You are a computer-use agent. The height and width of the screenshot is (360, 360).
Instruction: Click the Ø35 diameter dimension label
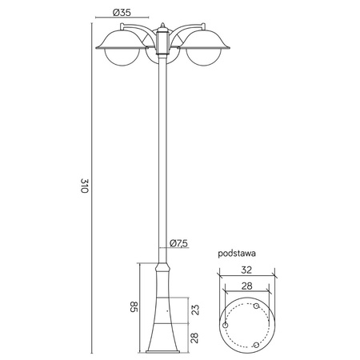coord(122,13)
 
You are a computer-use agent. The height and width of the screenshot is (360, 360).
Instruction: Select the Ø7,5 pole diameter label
coord(178,243)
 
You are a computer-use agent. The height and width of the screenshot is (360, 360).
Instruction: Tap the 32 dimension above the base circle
coord(247,269)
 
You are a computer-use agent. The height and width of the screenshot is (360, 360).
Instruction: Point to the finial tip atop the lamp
coord(163,22)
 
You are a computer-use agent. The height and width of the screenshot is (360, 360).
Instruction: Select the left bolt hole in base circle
coord(226,326)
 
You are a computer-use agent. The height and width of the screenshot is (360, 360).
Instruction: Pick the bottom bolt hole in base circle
coord(255,344)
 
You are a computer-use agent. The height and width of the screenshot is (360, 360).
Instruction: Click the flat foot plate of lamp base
coord(163,353)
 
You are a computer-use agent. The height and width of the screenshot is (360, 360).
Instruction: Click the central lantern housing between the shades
coord(163,44)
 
